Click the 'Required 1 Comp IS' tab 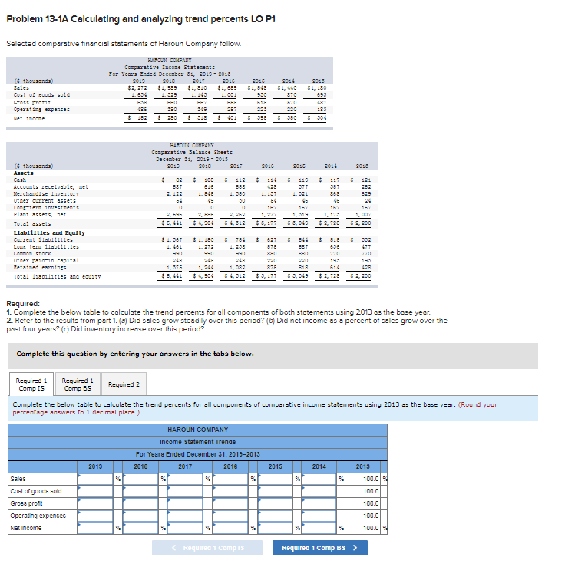click(x=32, y=384)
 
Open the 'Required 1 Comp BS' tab click(x=78, y=384)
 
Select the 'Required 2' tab click(x=124, y=384)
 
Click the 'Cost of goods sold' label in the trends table click(x=36, y=491)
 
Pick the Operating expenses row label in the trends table click(x=37, y=516)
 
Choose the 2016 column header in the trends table click(x=230, y=466)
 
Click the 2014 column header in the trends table click(x=319, y=466)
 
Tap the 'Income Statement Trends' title click(x=198, y=441)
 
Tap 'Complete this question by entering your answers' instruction click(x=134, y=354)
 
